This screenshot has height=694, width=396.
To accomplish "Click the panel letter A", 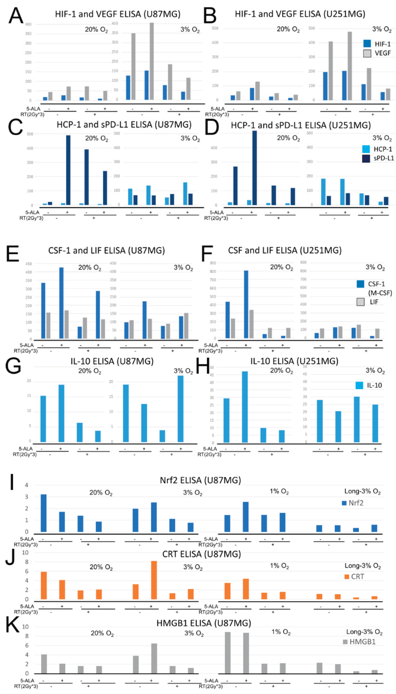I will click(16, 16).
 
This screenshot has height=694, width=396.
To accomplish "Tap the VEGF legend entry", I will click(382, 53).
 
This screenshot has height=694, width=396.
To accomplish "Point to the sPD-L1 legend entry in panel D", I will click(383, 158).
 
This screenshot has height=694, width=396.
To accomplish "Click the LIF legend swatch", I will click(360, 302).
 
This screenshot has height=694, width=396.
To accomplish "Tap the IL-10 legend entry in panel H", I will click(374, 385).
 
